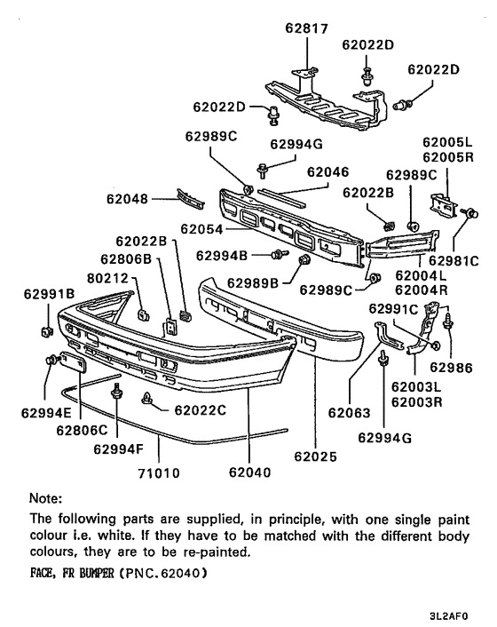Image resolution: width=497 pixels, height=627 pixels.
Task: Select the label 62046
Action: [x=328, y=172]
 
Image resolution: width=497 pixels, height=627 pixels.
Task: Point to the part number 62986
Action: [x=453, y=367]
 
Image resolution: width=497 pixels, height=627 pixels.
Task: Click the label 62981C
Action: [x=454, y=261]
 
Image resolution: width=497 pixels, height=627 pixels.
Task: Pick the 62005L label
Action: [x=448, y=142]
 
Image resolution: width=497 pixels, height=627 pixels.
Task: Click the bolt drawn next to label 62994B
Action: [x=280, y=255]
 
